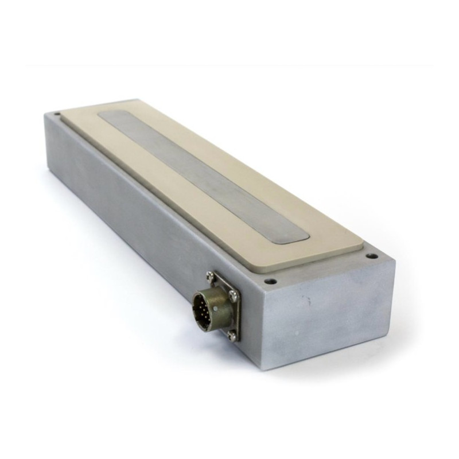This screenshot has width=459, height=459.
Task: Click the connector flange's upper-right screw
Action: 233,294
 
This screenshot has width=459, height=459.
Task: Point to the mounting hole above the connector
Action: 268,281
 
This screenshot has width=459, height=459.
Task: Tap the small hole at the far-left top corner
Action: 57,114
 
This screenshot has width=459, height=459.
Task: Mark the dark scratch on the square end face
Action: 308,299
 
